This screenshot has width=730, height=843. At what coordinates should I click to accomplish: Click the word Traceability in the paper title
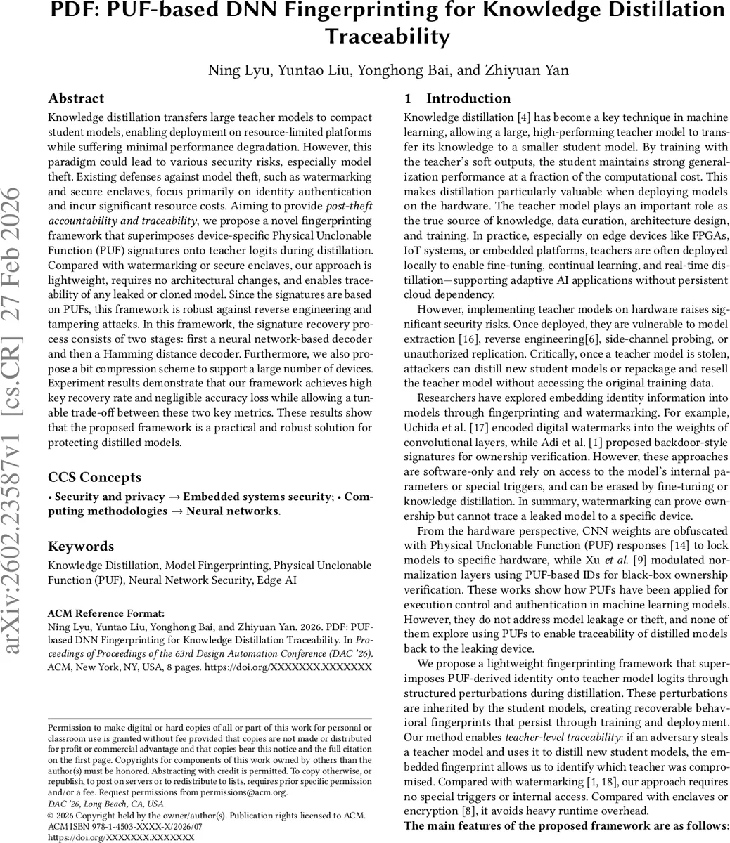click(387, 36)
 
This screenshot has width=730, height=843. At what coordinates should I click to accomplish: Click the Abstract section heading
click(76, 98)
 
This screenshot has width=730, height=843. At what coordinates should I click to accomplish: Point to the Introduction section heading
click(468, 98)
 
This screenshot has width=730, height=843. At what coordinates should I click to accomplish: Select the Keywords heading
click(80, 547)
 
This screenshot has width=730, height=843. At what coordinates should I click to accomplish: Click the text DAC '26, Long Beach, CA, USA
click(105, 803)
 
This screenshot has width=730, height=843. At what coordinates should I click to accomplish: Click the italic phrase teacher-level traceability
click(564, 752)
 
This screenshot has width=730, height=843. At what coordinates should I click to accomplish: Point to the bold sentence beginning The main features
click(566, 826)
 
